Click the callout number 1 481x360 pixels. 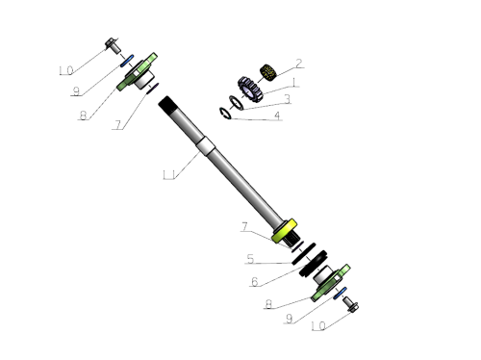[294, 83]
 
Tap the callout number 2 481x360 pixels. [299, 64]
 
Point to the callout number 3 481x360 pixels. [288, 99]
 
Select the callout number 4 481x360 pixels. [277, 116]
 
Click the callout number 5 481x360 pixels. [250, 259]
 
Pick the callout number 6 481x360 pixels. [255, 282]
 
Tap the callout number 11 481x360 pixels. [169, 175]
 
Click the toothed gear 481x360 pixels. [250, 90]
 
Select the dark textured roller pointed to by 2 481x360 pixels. [267, 72]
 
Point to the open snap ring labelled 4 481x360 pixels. [225, 113]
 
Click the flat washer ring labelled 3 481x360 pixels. [237, 102]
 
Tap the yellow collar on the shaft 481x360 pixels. [284, 231]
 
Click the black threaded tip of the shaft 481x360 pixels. [165, 103]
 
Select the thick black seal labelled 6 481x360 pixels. [314, 263]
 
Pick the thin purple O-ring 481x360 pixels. [153, 89]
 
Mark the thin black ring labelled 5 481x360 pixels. [303, 254]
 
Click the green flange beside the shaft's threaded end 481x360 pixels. [137, 72]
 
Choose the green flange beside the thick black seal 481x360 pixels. [330, 283]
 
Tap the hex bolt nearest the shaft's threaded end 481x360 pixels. [113, 46]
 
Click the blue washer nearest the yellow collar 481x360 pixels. [340, 294]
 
